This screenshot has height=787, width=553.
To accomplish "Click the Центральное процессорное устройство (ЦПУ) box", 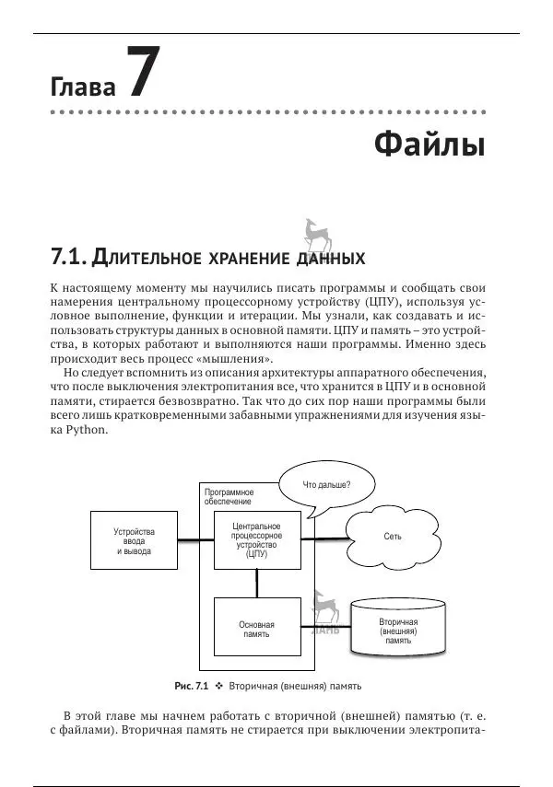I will pos(257,540).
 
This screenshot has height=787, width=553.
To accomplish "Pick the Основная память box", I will pos(257,630).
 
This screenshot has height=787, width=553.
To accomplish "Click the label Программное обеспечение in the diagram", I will pos(229,497).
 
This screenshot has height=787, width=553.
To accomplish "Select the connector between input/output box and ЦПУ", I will pos(195,539).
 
